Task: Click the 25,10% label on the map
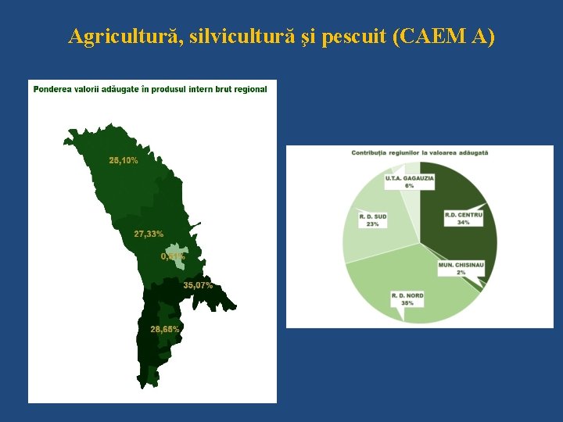(124, 161)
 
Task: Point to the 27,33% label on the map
(149, 234)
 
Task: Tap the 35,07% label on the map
(198, 285)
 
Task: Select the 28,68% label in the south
(164, 329)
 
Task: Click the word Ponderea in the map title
(52, 89)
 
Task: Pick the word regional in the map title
(250, 89)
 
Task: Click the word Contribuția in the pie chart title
(374, 153)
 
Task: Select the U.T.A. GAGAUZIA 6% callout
(409, 181)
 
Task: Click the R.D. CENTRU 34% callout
(463, 218)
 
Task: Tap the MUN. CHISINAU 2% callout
(461, 268)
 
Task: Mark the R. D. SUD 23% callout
(371, 220)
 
